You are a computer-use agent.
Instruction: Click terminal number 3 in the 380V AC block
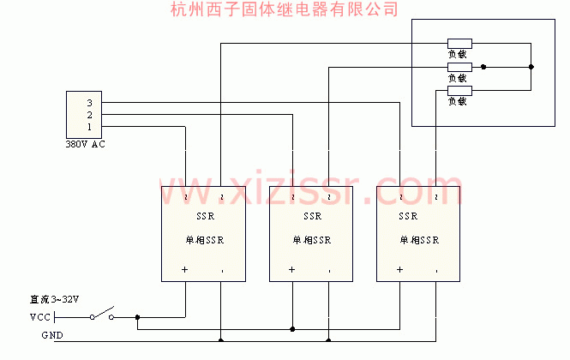point(88,103)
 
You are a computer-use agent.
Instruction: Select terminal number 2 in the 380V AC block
point(88,115)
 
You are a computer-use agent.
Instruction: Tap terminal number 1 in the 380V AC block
point(88,127)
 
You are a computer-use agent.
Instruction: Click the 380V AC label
point(86,144)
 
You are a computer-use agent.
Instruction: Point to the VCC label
point(40,317)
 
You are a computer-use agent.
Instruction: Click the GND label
point(51,335)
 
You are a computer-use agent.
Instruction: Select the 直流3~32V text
point(54,300)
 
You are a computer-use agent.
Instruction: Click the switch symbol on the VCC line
point(102,315)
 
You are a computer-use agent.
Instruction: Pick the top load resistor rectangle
point(459,43)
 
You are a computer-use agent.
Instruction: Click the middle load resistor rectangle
point(459,67)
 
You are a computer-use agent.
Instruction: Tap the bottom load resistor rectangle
point(459,90)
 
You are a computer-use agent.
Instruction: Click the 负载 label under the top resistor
point(457,54)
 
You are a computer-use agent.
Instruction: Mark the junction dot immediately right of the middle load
point(484,67)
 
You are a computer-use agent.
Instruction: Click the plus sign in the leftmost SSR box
point(184,270)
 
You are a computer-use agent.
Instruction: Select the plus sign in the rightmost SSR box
point(399,270)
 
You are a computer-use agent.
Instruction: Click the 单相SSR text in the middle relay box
point(312,240)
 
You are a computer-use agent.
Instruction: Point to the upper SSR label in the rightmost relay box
point(409,216)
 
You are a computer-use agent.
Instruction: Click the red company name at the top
point(285,9)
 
